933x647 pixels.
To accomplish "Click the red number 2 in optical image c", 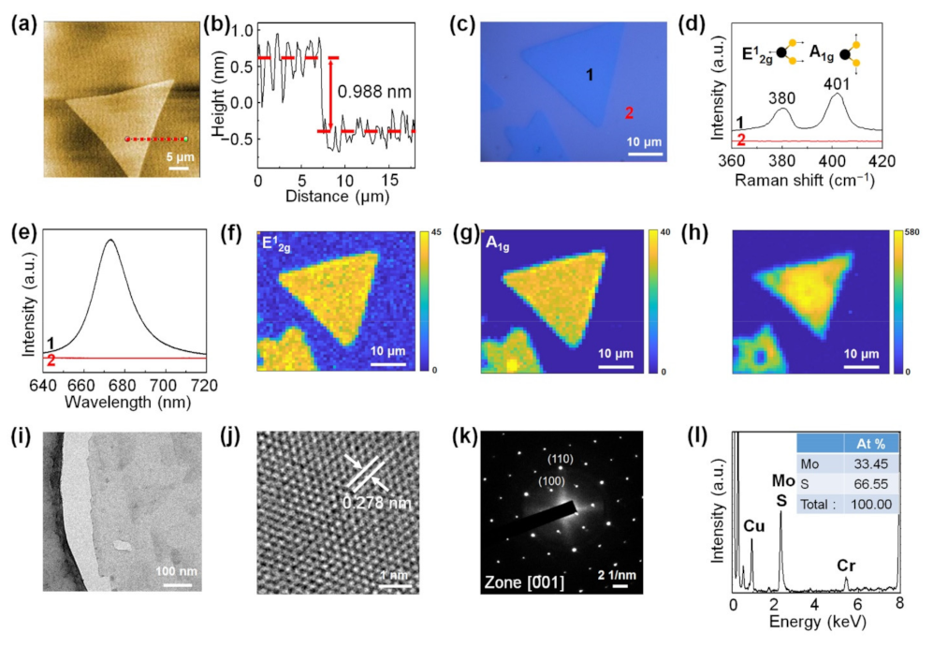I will (x=630, y=114).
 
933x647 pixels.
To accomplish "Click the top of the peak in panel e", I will (x=110, y=240).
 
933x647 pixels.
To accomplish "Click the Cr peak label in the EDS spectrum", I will (x=847, y=566).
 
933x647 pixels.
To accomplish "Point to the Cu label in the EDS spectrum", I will (x=754, y=526).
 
